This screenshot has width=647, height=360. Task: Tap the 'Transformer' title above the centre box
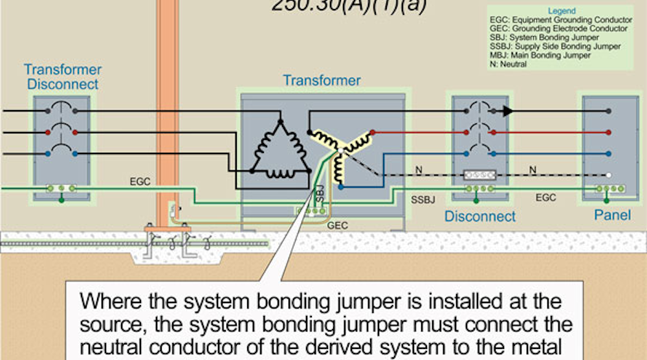[322, 81]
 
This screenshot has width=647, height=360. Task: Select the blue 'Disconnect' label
[479, 216]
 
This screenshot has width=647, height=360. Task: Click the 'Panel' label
[611, 214]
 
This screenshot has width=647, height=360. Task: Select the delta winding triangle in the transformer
[280, 150]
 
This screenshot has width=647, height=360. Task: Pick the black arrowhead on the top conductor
[508, 111]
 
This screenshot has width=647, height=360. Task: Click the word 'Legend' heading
[561, 12]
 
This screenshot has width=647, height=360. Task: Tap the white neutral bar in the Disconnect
[479, 175]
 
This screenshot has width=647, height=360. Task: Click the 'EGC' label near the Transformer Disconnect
[140, 182]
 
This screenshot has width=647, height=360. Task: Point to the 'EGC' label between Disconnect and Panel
[545, 197]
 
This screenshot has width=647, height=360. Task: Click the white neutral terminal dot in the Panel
[609, 175]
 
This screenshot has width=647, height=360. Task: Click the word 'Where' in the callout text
[103, 302]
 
